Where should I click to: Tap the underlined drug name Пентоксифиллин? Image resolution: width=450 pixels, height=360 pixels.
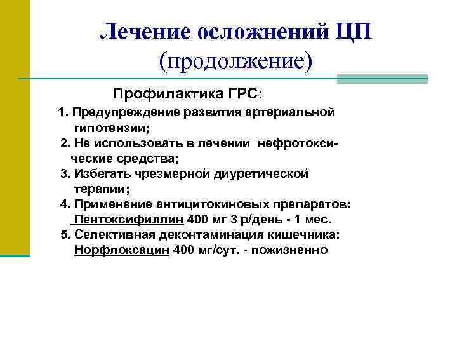pyautogui.click(x=129, y=220)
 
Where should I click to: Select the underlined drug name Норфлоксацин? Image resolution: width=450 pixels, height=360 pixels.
pyautogui.click(x=122, y=250)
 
